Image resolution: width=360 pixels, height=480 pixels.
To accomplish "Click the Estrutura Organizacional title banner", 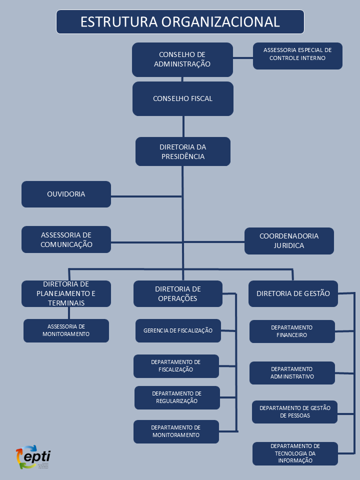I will [180, 22].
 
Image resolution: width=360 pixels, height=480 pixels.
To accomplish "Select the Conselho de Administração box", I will [182, 59].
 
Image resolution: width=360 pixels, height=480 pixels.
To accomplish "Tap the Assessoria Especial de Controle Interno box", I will [297, 55].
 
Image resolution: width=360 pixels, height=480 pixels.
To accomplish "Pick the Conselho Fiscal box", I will [182, 98].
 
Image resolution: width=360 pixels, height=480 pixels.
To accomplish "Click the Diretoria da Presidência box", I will [182, 151].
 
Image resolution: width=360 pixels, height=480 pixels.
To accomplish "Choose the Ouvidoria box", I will [66, 194].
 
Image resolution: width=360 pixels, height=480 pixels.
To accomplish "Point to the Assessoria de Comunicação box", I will [66, 239].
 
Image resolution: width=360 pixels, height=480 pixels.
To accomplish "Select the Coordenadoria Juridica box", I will [289, 241].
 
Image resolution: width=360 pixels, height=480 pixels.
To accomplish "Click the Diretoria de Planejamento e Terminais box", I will [66, 293].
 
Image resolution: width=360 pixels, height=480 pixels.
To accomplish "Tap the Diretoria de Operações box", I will [178, 293].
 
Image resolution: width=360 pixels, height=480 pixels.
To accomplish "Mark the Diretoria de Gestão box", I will [293, 293].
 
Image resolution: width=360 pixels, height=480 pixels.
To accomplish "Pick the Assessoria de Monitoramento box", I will [66, 330].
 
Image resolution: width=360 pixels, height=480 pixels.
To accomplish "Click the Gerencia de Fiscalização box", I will [178, 330].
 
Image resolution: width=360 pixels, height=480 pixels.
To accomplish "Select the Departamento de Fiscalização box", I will [176, 366].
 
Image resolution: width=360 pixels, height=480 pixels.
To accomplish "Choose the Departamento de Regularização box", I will [177, 397].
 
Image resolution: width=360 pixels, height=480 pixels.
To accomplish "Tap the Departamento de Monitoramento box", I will [176, 431].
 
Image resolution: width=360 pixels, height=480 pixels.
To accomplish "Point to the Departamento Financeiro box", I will [292, 331].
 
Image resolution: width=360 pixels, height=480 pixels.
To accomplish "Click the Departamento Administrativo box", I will [292, 373].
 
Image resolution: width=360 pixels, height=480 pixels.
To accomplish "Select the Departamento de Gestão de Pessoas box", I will [294, 412].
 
